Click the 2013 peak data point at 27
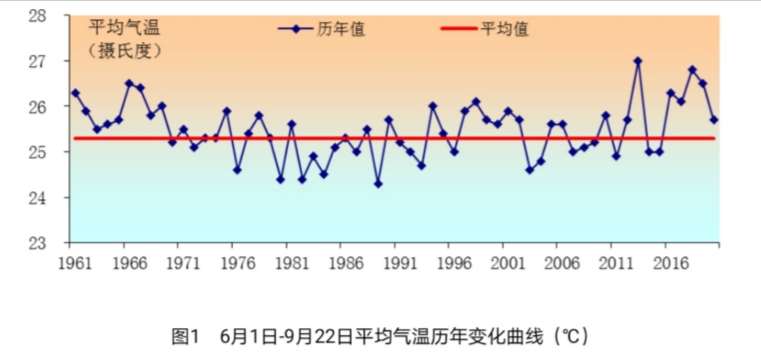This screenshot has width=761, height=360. click(x=638, y=60)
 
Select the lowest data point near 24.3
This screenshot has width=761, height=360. click(x=378, y=184)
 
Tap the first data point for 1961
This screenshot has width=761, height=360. click(x=76, y=92)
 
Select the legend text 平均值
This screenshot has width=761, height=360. click(x=505, y=29)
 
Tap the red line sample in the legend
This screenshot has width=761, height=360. click(x=459, y=29)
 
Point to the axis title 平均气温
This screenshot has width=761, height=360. click(x=124, y=29)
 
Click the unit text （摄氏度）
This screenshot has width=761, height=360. click(x=125, y=51)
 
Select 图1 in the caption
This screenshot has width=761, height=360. click(x=186, y=336)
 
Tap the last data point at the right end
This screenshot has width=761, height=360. click(x=714, y=120)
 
